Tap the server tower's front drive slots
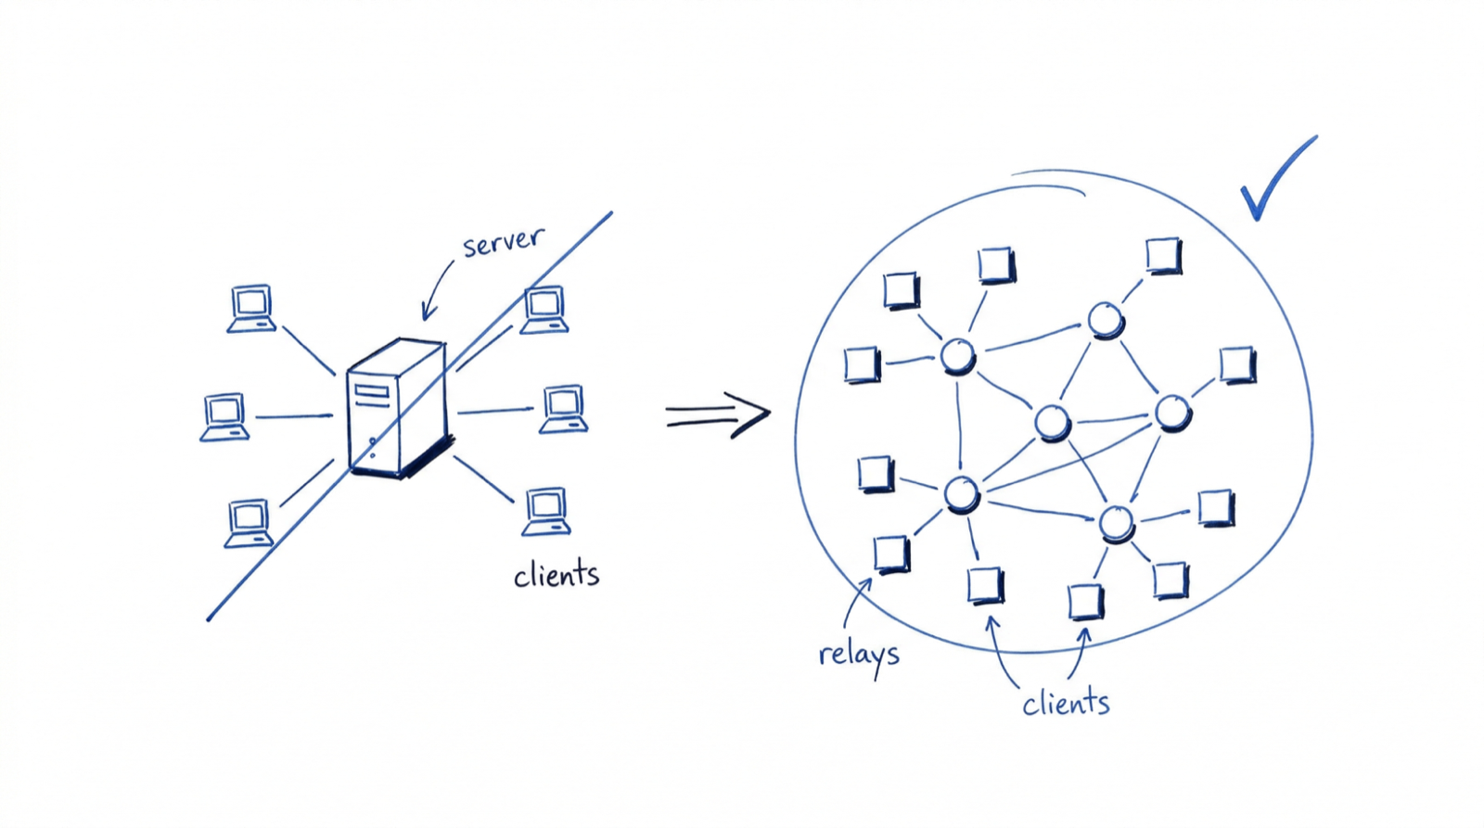point(372,396)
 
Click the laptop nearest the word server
point(544,310)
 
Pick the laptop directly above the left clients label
point(546,511)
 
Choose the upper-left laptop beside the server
point(251,308)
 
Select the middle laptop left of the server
point(224,416)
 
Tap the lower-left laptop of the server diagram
point(249,523)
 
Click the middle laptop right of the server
point(564,408)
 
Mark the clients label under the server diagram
point(556,575)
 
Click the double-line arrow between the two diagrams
point(717,414)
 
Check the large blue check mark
point(1275,181)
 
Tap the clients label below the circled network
point(1066,704)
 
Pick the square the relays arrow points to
point(891,554)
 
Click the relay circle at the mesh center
point(1053,423)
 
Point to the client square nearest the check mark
point(1163,255)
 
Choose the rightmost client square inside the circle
point(1237,364)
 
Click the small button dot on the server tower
point(373,441)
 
